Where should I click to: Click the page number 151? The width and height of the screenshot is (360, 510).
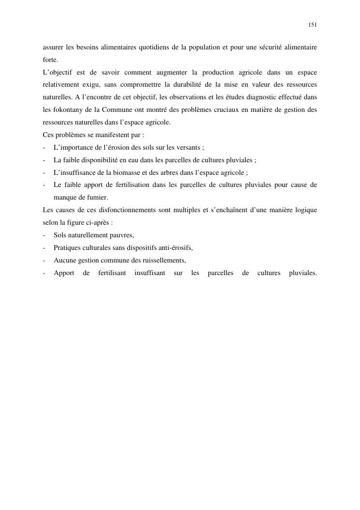click(x=313, y=25)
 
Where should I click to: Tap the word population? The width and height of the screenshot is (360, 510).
click(x=201, y=47)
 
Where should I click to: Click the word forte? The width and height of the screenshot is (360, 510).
click(x=50, y=60)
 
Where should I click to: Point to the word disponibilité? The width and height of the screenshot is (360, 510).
click(x=96, y=160)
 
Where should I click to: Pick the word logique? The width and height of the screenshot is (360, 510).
click(x=304, y=210)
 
